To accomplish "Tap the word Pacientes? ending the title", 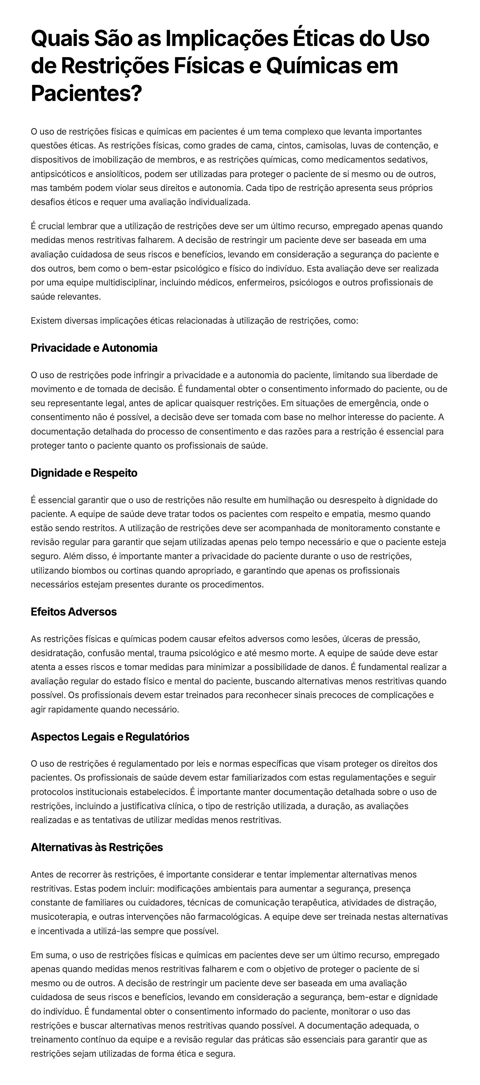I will (x=86, y=93).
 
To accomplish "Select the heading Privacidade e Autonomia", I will (x=94, y=348).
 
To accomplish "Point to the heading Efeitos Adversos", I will (x=74, y=612).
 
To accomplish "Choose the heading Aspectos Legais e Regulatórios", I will (x=110, y=737).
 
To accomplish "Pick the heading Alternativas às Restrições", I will (x=97, y=847).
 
